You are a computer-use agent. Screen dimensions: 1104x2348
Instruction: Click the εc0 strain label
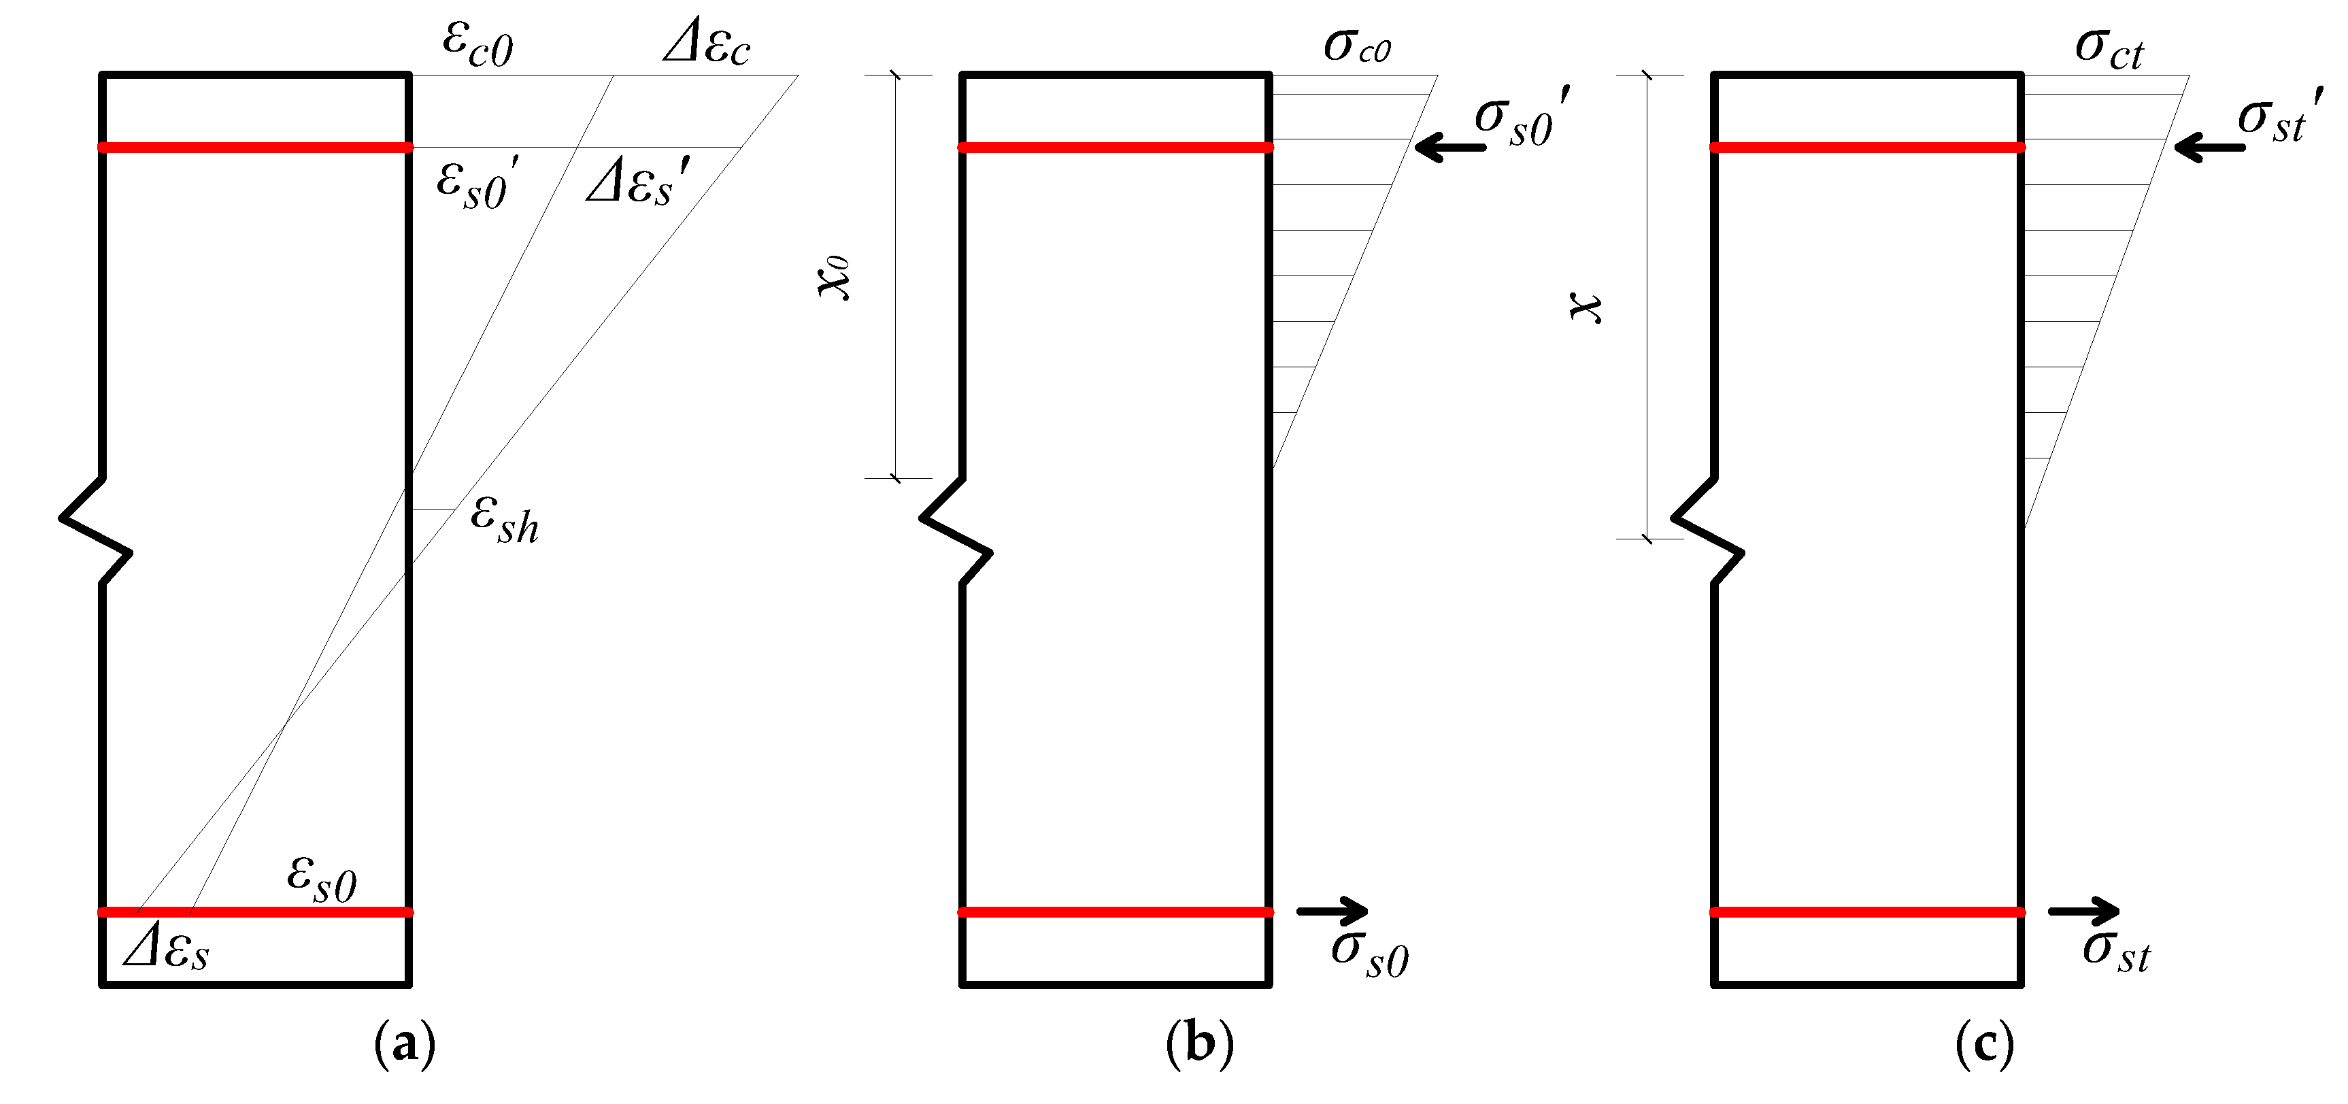(x=477, y=44)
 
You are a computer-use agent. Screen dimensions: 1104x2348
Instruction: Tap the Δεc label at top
(x=707, y=44)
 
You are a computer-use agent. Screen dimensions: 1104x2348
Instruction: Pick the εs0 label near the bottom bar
(x=321, y=879)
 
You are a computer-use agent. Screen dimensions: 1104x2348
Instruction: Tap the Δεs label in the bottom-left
(x=166, y=950)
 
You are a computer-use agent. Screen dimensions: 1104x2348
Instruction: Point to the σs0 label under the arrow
(x=1370, y=954)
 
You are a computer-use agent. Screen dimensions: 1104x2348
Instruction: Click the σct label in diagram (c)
(x=2109, y=48)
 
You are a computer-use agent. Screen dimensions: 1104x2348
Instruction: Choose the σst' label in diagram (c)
(x=2273, y=120)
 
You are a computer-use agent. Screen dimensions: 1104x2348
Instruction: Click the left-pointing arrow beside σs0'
(x=1449, y=147)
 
